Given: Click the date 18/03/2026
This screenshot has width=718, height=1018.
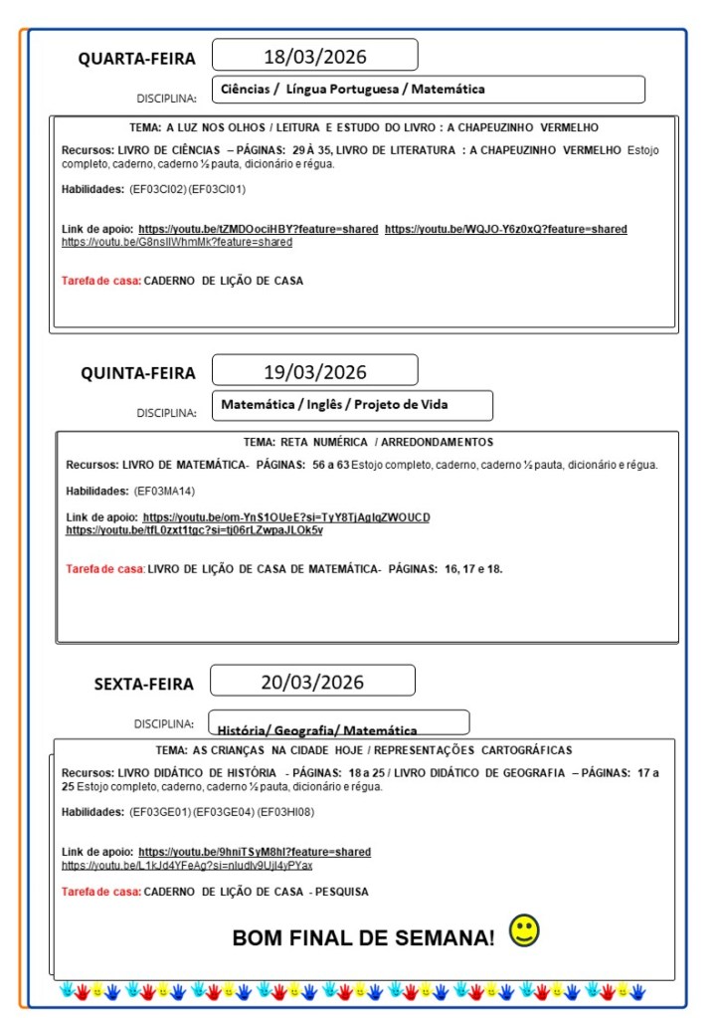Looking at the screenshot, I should (x=314, y=56).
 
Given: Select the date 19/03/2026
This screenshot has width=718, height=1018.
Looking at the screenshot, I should (x=314, y=372).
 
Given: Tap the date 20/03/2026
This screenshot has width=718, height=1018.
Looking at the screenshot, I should (x=312, y=683).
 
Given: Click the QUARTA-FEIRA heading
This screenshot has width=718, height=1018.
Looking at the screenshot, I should (x=137, y=59).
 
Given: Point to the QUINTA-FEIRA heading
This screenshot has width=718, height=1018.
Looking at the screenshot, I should (x=138, y=374).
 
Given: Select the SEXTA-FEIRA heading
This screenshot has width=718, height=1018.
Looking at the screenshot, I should (x=144, y=685).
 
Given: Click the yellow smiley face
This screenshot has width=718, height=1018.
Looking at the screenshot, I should (x=524, y=931).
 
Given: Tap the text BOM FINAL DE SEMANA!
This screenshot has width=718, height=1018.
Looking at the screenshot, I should (x=363, y=937).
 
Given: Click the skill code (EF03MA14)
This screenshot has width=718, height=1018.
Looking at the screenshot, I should (x=164, y=491).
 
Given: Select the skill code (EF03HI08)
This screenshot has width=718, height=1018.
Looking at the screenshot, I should (x=285, y=812).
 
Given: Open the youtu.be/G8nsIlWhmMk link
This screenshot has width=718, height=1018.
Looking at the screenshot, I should (x=177, y=242).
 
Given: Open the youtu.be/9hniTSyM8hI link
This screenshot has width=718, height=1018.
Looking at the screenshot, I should (x=255, y=852).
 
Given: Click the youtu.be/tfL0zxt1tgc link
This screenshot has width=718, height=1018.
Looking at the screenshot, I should (x=194, y=530).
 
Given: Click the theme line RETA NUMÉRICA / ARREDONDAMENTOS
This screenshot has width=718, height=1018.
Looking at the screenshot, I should (x=368, y=442).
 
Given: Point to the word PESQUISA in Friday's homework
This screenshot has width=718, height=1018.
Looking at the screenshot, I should (x=339, y=892).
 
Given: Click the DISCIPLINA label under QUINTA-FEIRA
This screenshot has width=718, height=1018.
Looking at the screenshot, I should (x=166, y=413).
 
